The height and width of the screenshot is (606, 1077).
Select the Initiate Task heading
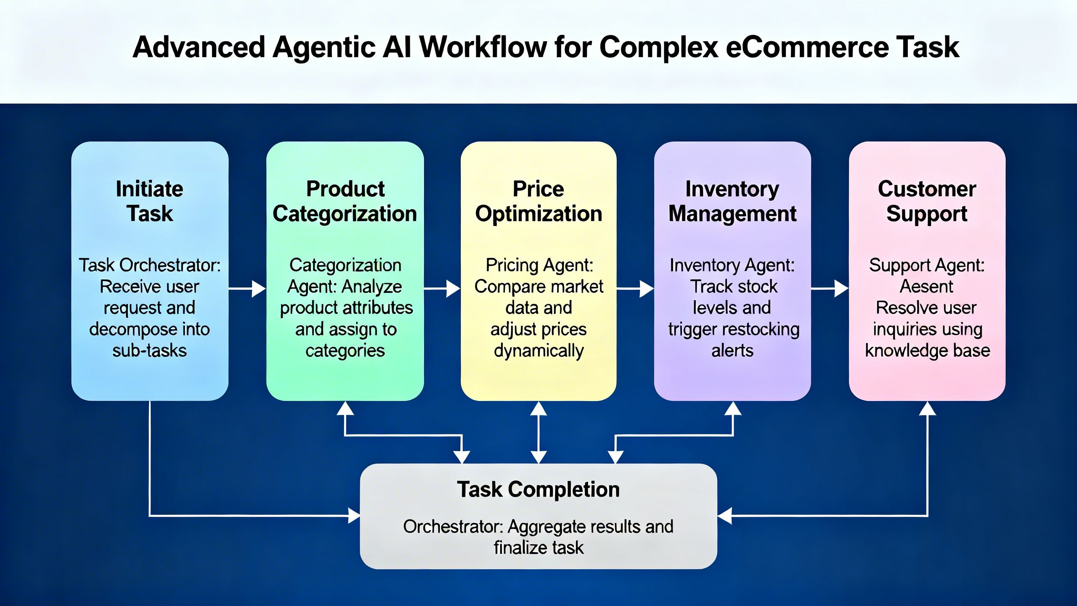click(150, 201)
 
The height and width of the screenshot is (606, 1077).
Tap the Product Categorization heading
click(345, 201)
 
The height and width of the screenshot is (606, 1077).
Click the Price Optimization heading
click(538, 201)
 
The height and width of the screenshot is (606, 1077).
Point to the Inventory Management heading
click(732, 201)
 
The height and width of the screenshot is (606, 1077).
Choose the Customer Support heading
click(927, 201)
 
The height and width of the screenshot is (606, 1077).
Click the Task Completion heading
click(538, 489)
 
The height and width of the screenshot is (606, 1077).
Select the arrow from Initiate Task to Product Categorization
click(247, 289)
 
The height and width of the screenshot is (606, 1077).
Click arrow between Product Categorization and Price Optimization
click(442, 289)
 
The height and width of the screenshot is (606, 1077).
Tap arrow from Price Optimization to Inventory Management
click(635, 289)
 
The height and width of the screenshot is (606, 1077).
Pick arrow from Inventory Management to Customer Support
click(830, 289)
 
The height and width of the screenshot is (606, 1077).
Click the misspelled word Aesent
click(926, 287)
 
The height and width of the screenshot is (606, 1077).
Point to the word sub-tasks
click(150, 351)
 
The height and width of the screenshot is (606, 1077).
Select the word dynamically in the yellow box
click(538, 351)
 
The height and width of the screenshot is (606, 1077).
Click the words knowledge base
click(927, 351)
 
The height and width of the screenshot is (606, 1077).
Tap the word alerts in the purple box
click(732, 351)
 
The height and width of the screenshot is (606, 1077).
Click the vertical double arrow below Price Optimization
click(538, 433)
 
